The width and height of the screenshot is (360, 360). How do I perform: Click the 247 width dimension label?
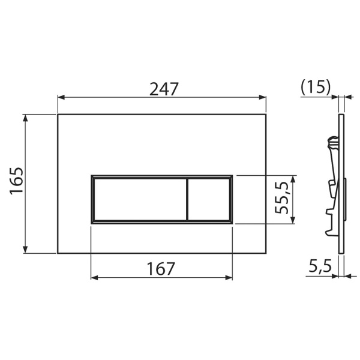[x=164, y=89]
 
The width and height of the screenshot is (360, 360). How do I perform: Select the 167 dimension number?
[x=160, y=269]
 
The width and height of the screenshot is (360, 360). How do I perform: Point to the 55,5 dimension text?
[x=281, y=197]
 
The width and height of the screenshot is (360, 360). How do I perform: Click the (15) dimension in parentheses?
[x=316, y=87]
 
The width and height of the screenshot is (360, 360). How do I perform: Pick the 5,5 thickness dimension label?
[x=320, y=266]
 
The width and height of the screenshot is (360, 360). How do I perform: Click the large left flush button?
[x=140, y=199]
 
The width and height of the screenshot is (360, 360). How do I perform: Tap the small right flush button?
[x=209, y=199]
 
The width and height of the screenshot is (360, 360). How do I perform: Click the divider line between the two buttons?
[x=188, y=199]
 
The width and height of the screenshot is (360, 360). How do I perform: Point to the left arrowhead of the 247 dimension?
[x=61, y=97]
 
